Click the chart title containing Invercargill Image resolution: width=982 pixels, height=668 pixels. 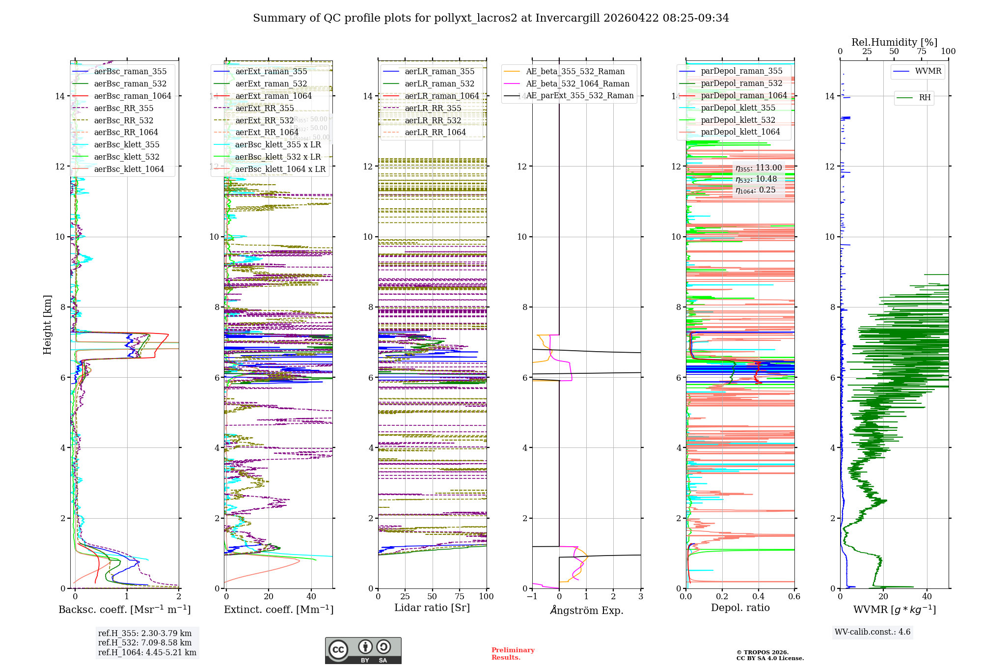pyautogui.click(x=491, y=18)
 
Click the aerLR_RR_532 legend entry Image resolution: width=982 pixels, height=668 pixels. pyautogui.click(x=433, y=121)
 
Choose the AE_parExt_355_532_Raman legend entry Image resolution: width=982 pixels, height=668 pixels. pyautogui.click(x=579, y=96)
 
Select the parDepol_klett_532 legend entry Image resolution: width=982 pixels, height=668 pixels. pyautogui.click(x=738, y=120)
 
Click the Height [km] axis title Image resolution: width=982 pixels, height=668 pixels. pyautogui.click(x=47, y=325)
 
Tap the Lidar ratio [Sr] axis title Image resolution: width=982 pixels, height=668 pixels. pyautogui.click(x=432, y=608)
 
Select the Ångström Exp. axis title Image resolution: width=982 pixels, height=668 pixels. pyautogui.click(x=586, y=611)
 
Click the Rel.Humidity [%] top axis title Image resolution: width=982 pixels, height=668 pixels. pyautogui.click(x=894, y=42)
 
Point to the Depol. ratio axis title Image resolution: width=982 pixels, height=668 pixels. pyautogui.click(x=740, y=608)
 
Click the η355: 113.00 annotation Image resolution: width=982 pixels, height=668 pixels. pyautogui.click(x=759, y=168)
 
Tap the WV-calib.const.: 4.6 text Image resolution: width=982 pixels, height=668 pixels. pyautogui.click(x=873, y=632)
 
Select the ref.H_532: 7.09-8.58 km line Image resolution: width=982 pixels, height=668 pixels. pyautogui.click(x=145, y=643)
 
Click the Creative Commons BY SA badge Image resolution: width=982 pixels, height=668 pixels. pyautogui.click(x=363, y=651)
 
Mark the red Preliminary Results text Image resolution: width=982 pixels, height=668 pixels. pyautogui.click(x=513, y=654)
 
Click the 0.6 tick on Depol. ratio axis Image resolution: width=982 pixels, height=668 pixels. pyautogui.click(x=794, y=597)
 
